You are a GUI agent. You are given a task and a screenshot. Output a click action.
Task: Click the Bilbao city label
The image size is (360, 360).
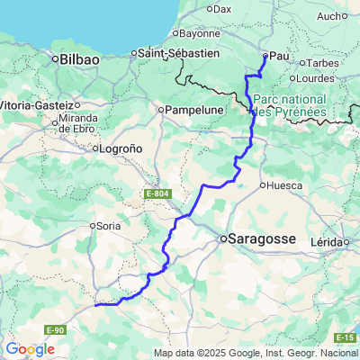[78, 58]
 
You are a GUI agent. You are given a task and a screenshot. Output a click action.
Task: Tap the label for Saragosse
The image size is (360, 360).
[260, 239]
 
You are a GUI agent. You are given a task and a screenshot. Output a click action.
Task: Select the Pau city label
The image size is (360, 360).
[279, 56]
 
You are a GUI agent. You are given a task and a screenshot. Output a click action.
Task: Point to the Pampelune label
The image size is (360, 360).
[191, 111]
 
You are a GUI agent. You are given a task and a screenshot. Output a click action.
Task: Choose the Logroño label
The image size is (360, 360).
[121, 148]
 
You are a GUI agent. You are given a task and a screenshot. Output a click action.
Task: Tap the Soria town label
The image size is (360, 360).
[108, 225]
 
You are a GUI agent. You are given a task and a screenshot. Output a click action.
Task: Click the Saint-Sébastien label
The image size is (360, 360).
[179, 53]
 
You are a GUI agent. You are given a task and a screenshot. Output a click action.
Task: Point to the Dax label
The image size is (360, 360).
[221, 9]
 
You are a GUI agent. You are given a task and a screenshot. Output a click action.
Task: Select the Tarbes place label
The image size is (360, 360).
[321, 63]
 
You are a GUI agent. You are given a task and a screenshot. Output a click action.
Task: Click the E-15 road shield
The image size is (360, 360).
[346, 337]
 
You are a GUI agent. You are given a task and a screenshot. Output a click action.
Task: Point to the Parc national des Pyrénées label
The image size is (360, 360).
[290, 105]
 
